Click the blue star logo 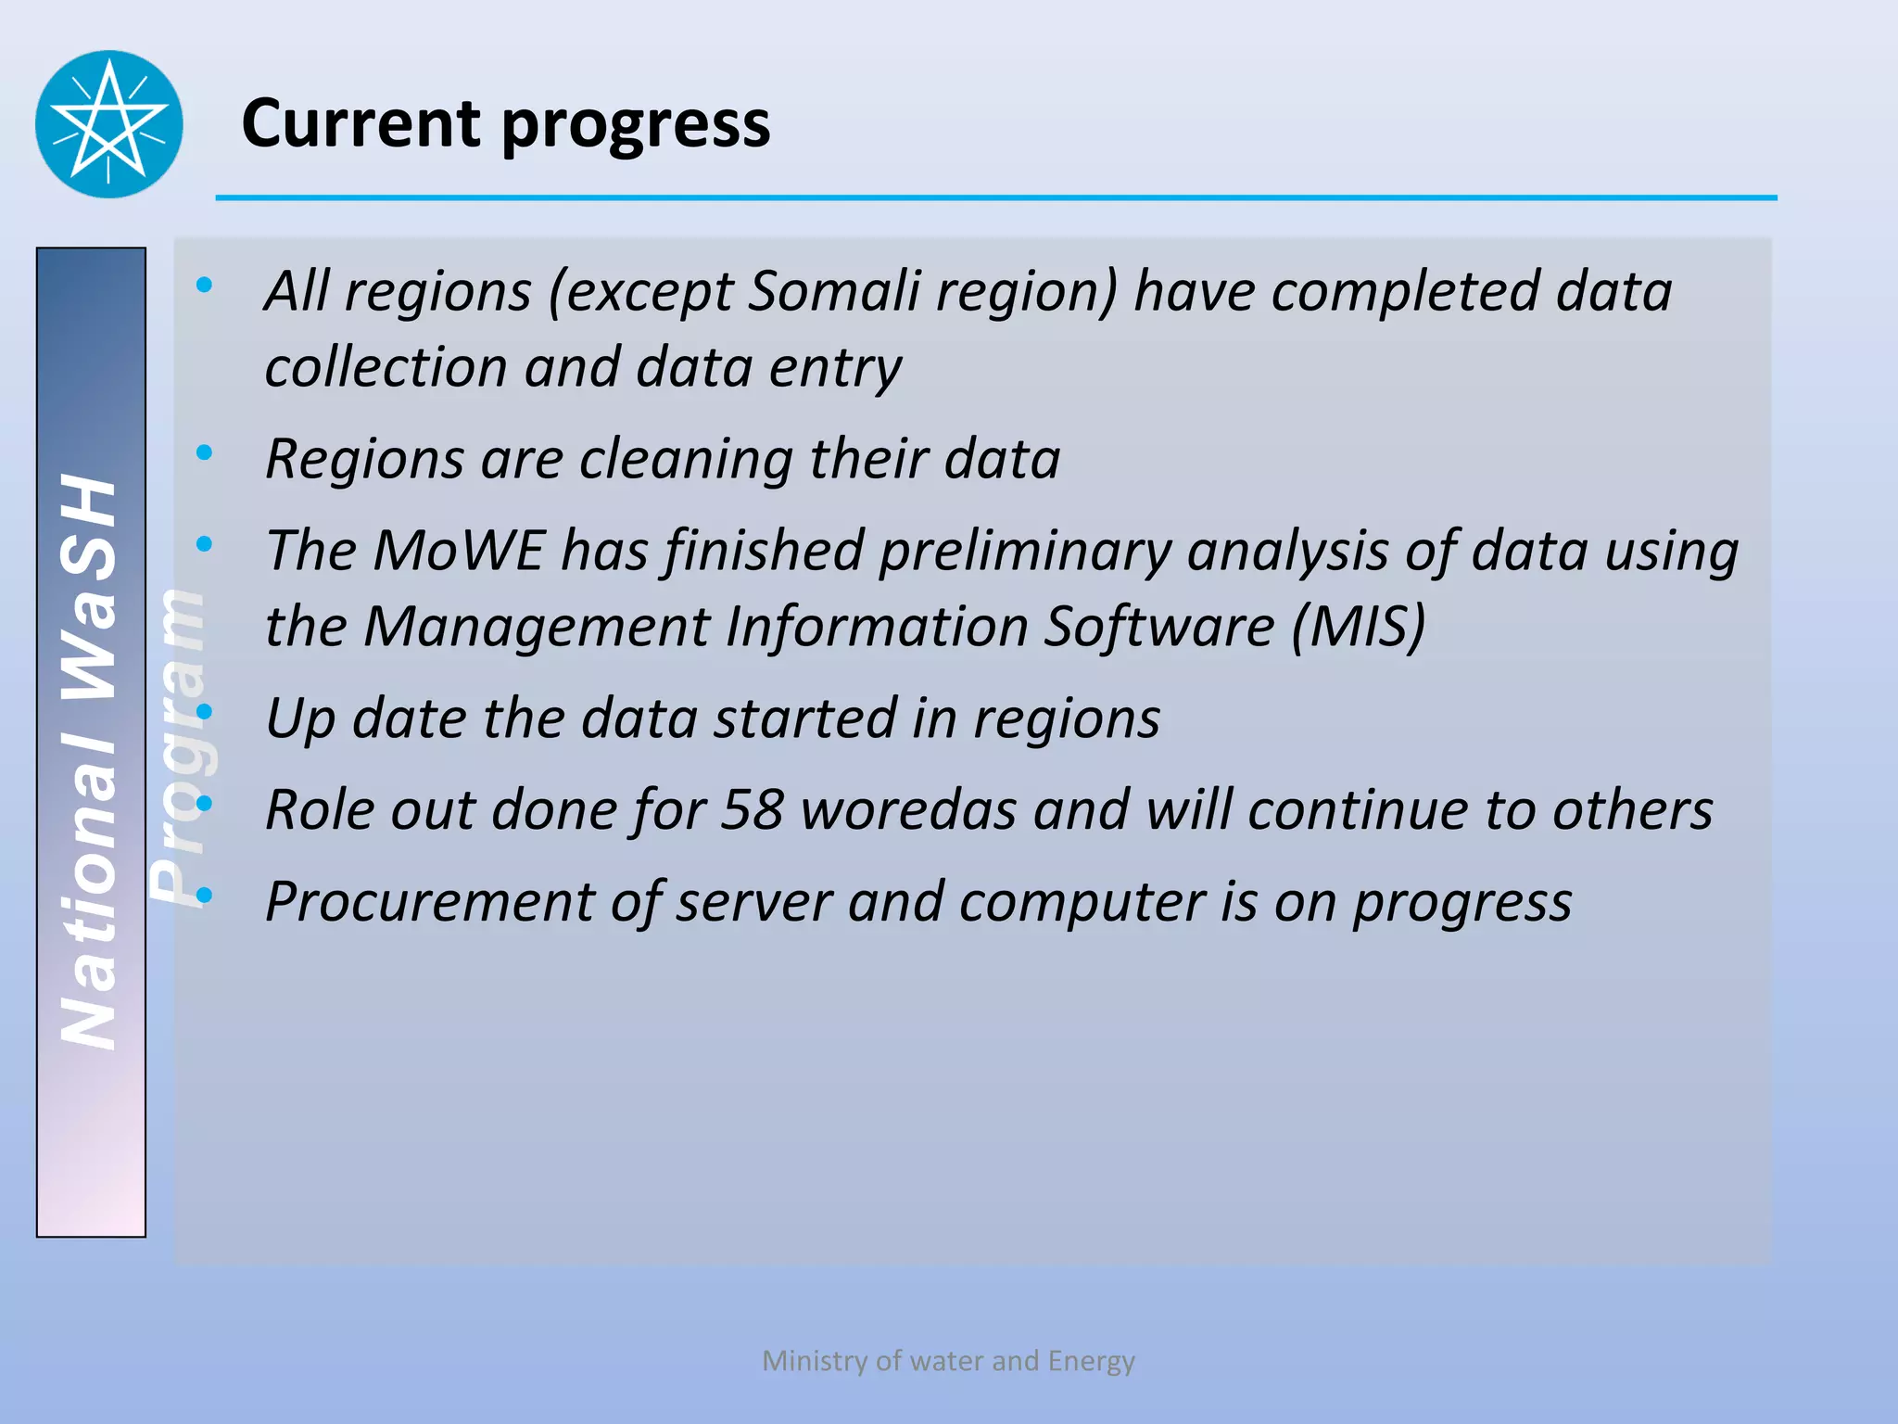109,124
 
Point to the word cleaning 686,459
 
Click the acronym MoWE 458,550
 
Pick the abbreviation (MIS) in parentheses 1359,626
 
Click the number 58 753,809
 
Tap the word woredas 909,809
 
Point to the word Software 1159,626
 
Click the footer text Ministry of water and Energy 948,1360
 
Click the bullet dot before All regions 204,285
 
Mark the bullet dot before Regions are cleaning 204,452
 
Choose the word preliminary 1024,552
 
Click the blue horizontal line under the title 996,197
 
